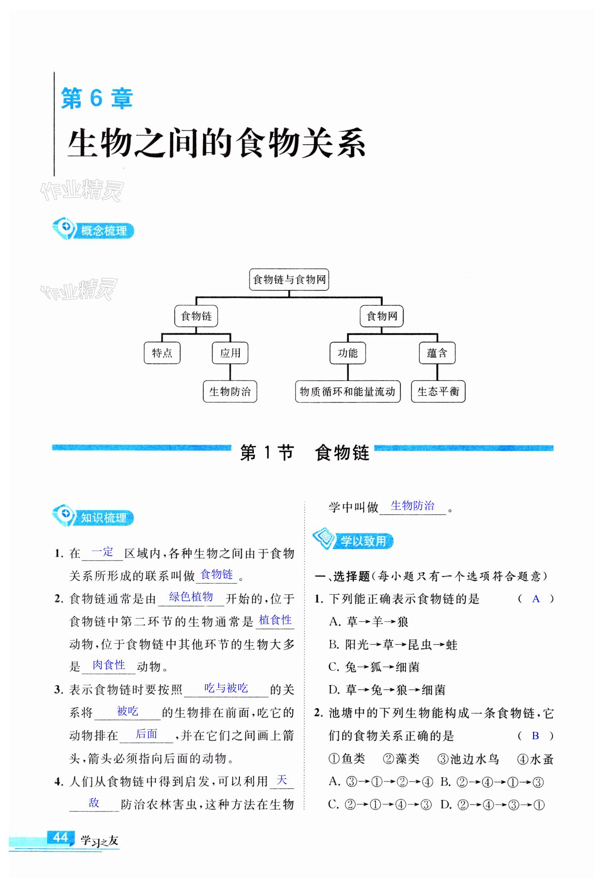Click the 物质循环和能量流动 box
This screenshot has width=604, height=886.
point(347,391)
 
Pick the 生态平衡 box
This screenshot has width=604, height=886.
point(438,391)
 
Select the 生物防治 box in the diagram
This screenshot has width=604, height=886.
point(230,391)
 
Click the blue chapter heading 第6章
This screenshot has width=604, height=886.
point(97,98)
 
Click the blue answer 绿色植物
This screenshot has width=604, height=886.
point(191,597)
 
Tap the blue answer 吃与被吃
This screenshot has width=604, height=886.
point(226,688)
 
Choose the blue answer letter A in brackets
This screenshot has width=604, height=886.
point(536,599)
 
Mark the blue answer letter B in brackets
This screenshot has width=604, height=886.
point(535,735)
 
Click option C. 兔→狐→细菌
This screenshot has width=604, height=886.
point(374,667)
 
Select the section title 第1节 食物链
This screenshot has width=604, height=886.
point(304,453)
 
